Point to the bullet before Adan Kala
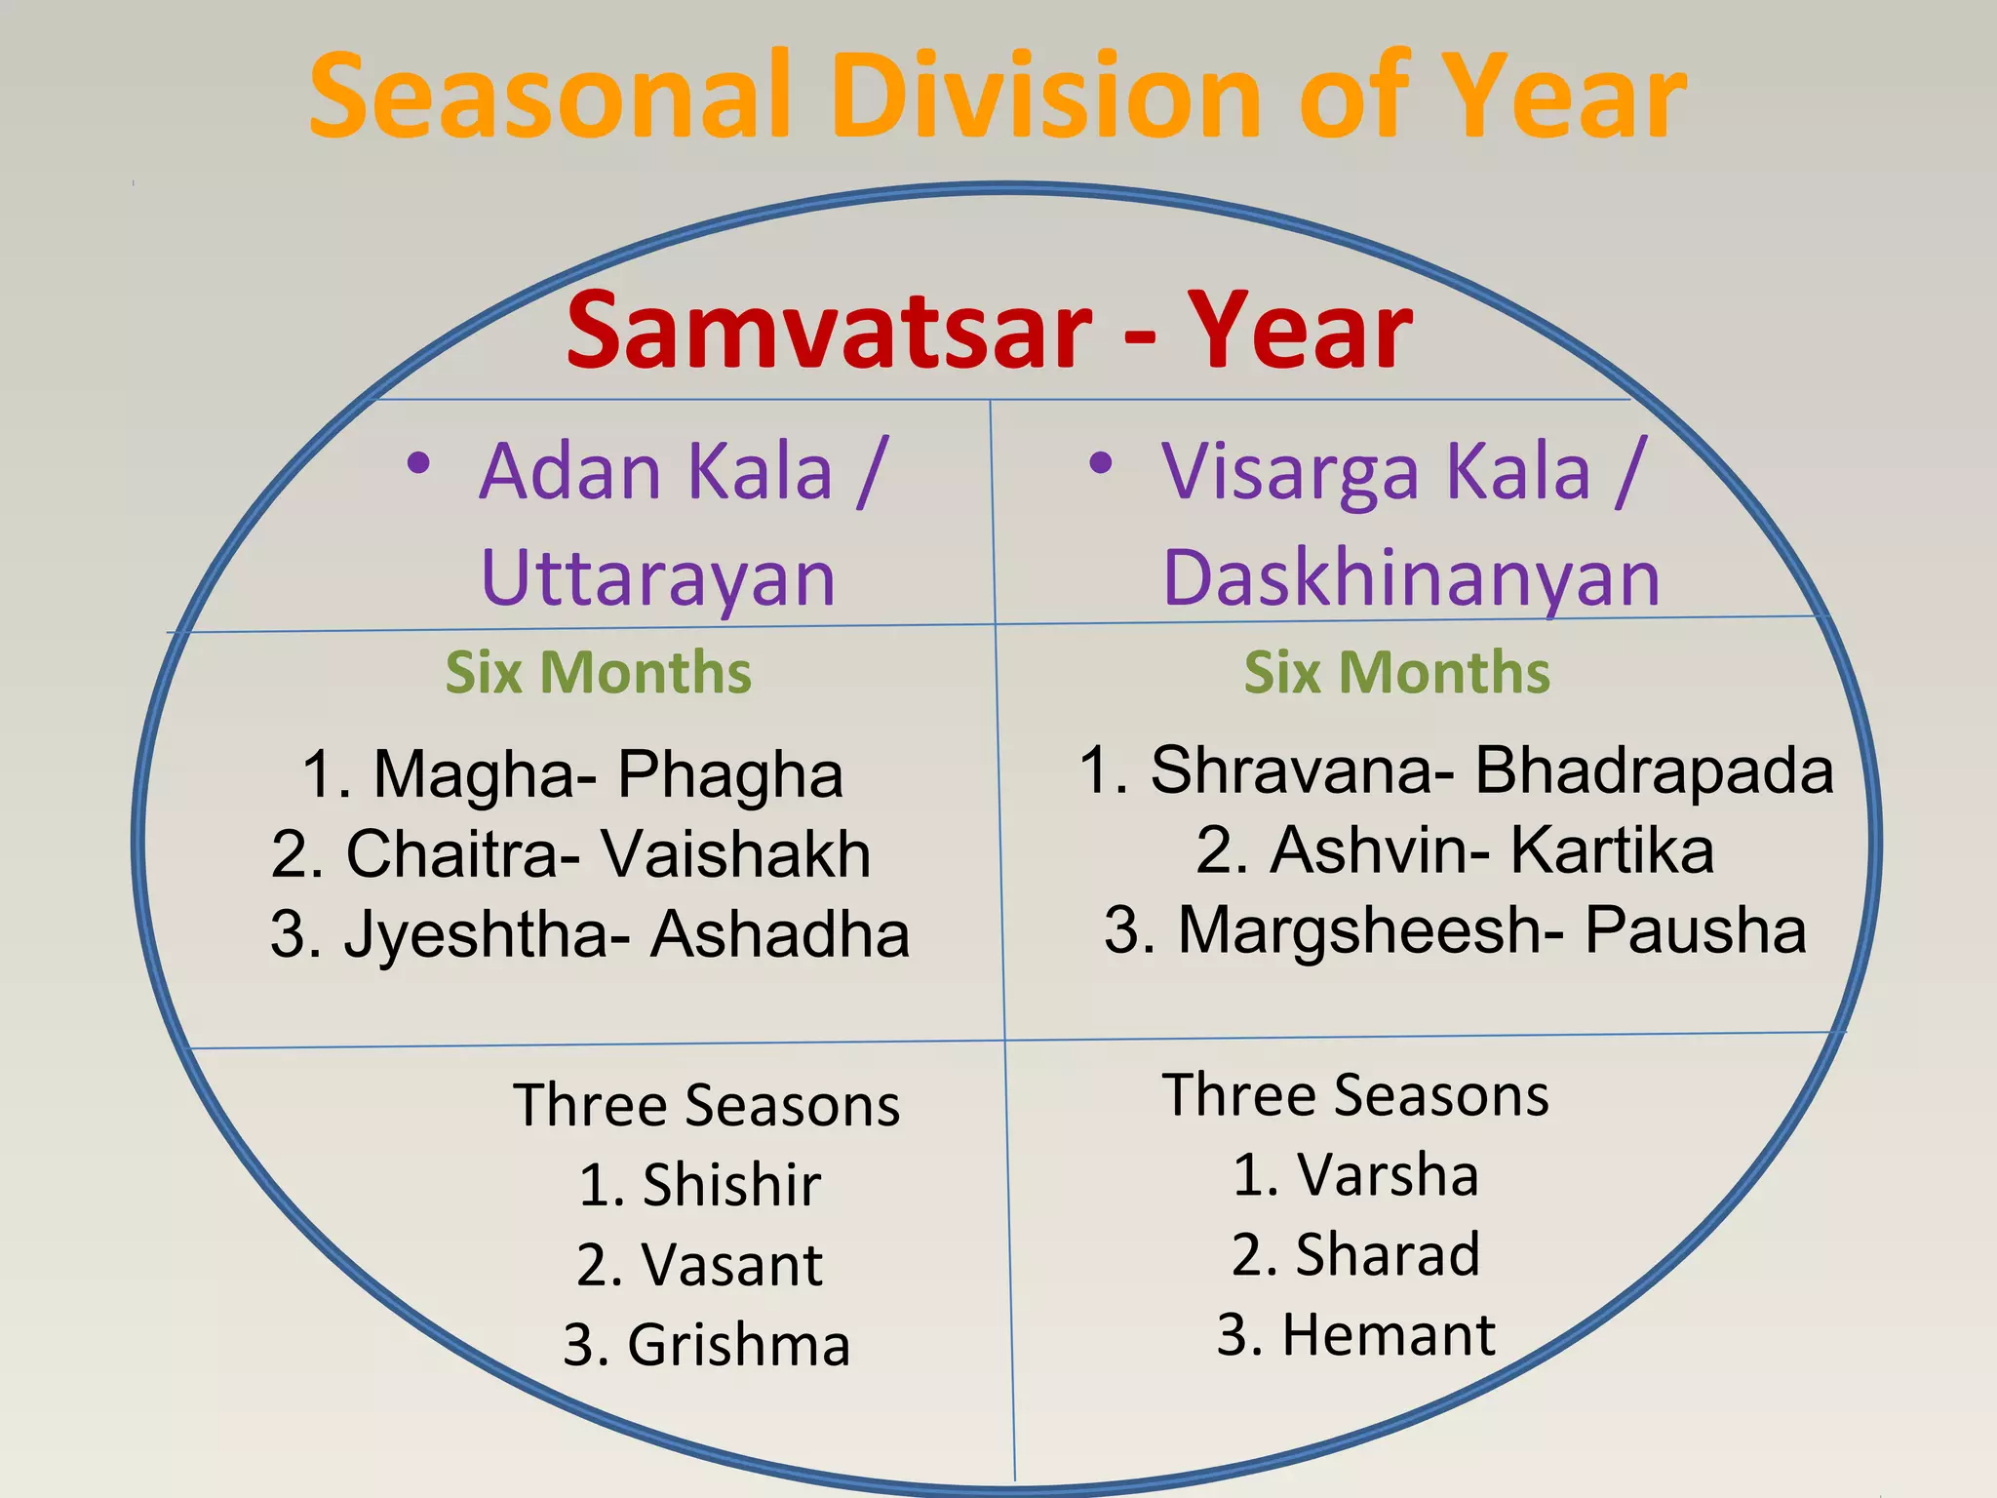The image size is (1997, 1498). coord(418,464)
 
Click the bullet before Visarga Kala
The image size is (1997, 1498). coord(1100,464)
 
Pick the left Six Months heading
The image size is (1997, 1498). coord(598,673)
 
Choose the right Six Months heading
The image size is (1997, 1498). coord(1396,673)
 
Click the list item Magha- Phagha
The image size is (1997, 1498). coord(572,775)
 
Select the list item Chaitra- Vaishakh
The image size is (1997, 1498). coord(571,854)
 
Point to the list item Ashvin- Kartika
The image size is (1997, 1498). coord(1455,850)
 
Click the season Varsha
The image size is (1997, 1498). coord(1387,1174)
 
